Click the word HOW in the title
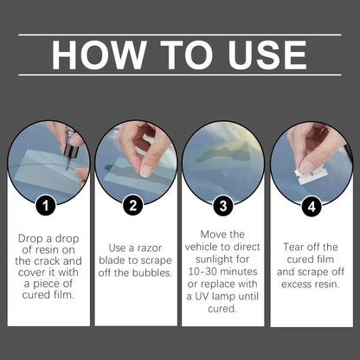pos(99,55)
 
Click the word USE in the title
pos(267,55)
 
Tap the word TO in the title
pos(187,55)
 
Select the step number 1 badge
pos(46,206)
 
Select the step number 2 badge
pos(132,205)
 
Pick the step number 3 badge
pos(223,206)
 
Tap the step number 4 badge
pos(312,207)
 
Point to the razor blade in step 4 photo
pos(309,176)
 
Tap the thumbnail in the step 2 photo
pos(147,170)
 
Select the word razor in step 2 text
pos(150,248)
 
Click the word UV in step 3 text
pos(202,296)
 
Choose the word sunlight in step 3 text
pos(214,260)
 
